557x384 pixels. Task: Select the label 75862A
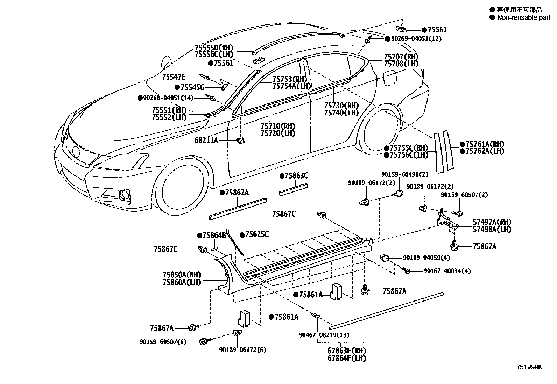[x=237, y=193]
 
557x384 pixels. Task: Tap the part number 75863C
[x=296, y=176]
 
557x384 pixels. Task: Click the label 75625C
[x=256, y=234]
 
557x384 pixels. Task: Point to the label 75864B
[x=214, y=236]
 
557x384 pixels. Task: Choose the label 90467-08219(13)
[x=324, y=335]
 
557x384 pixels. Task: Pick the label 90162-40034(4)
[x=447, y=271]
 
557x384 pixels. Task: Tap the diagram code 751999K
[x=529, y=367]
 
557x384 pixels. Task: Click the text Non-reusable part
[x=523, y=17]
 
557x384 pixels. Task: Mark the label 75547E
[x=174, y=77]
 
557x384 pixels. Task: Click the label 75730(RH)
[x=341, y=106]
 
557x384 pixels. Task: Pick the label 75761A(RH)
[x=485, y=144]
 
